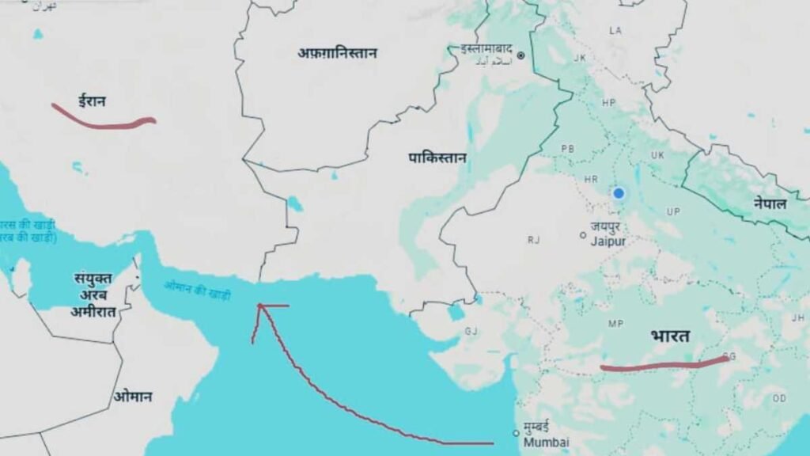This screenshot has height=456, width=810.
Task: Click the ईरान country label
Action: point(92,101)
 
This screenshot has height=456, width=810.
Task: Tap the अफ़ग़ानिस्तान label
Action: point(337,53)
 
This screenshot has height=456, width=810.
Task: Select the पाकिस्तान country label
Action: point(437,158)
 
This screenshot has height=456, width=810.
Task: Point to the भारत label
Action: point(670,336)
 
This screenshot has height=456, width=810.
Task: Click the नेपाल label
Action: point(770,203)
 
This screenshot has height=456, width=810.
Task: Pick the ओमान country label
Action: point(132,397)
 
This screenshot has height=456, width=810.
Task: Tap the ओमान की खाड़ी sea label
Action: point(197,291)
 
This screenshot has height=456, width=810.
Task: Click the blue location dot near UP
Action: point(619,192)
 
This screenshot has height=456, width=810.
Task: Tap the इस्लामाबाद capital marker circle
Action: point(521,55)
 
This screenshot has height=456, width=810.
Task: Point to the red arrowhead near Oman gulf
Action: point(260,306)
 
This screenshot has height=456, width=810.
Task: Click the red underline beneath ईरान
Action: point(103,120)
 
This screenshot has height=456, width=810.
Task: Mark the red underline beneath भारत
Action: point(664,365)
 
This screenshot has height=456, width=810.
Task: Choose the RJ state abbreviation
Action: point(534,239)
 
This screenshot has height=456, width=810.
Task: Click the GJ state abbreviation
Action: point(471,331)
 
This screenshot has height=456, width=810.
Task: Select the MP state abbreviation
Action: point(615,324)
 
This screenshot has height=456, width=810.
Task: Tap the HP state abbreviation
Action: point(608,103)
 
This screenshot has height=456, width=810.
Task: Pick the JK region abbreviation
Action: point(580,58)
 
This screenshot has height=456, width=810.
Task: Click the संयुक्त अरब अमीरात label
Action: point(93,294)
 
